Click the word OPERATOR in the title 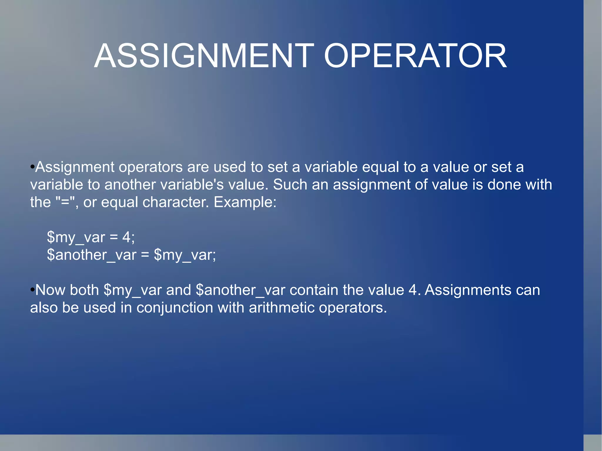(415, 56)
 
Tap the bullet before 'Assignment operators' (32, 167)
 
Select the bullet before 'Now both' (32, 290)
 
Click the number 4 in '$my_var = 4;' (126, 237)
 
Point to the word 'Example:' (245, 202)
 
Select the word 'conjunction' (175, 308)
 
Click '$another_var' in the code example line (91, 255)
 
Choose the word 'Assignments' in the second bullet (468, 290)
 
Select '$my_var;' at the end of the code (185, 255)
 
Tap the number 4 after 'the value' (413, 290)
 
